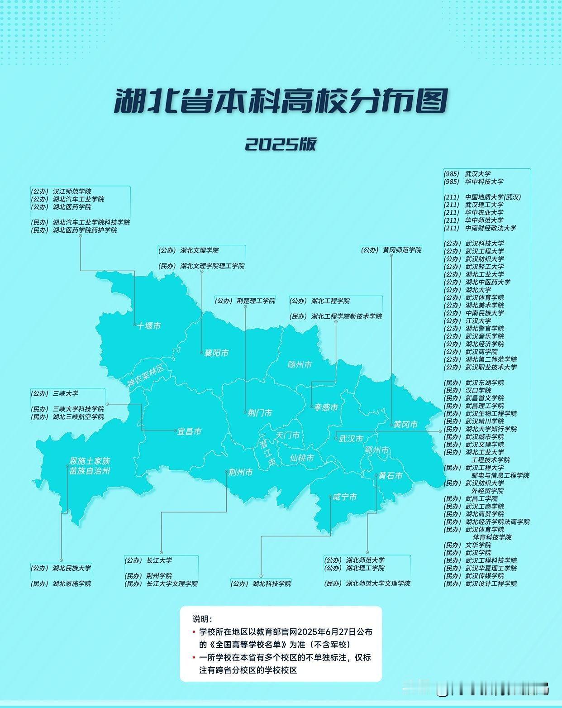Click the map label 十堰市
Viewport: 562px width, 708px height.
point(149,326)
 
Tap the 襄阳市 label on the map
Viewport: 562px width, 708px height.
point(217,353)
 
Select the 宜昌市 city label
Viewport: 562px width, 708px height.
point(190,432)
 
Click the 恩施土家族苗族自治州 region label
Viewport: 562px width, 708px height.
point(90,466)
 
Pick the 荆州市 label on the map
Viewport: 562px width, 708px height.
point(240,472)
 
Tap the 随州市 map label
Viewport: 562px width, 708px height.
point(300,364)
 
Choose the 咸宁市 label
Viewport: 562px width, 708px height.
point(345,497)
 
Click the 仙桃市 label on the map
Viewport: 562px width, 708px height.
point(302,458)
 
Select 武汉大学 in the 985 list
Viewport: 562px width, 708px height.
point(478,174)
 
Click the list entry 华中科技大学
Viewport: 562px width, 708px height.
point(484,182)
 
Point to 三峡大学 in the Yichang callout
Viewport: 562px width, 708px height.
point(66,393)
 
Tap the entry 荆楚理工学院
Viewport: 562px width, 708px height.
point(256,301)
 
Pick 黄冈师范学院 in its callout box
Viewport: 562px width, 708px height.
point(402,250)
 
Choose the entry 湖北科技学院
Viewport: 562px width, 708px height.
point(271,584)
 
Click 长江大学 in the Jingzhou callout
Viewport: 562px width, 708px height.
point(159,560)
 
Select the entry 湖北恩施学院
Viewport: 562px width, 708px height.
point(71,584)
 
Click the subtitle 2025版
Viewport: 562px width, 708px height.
point(281,144)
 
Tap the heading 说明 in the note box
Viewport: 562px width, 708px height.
point(202,619)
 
